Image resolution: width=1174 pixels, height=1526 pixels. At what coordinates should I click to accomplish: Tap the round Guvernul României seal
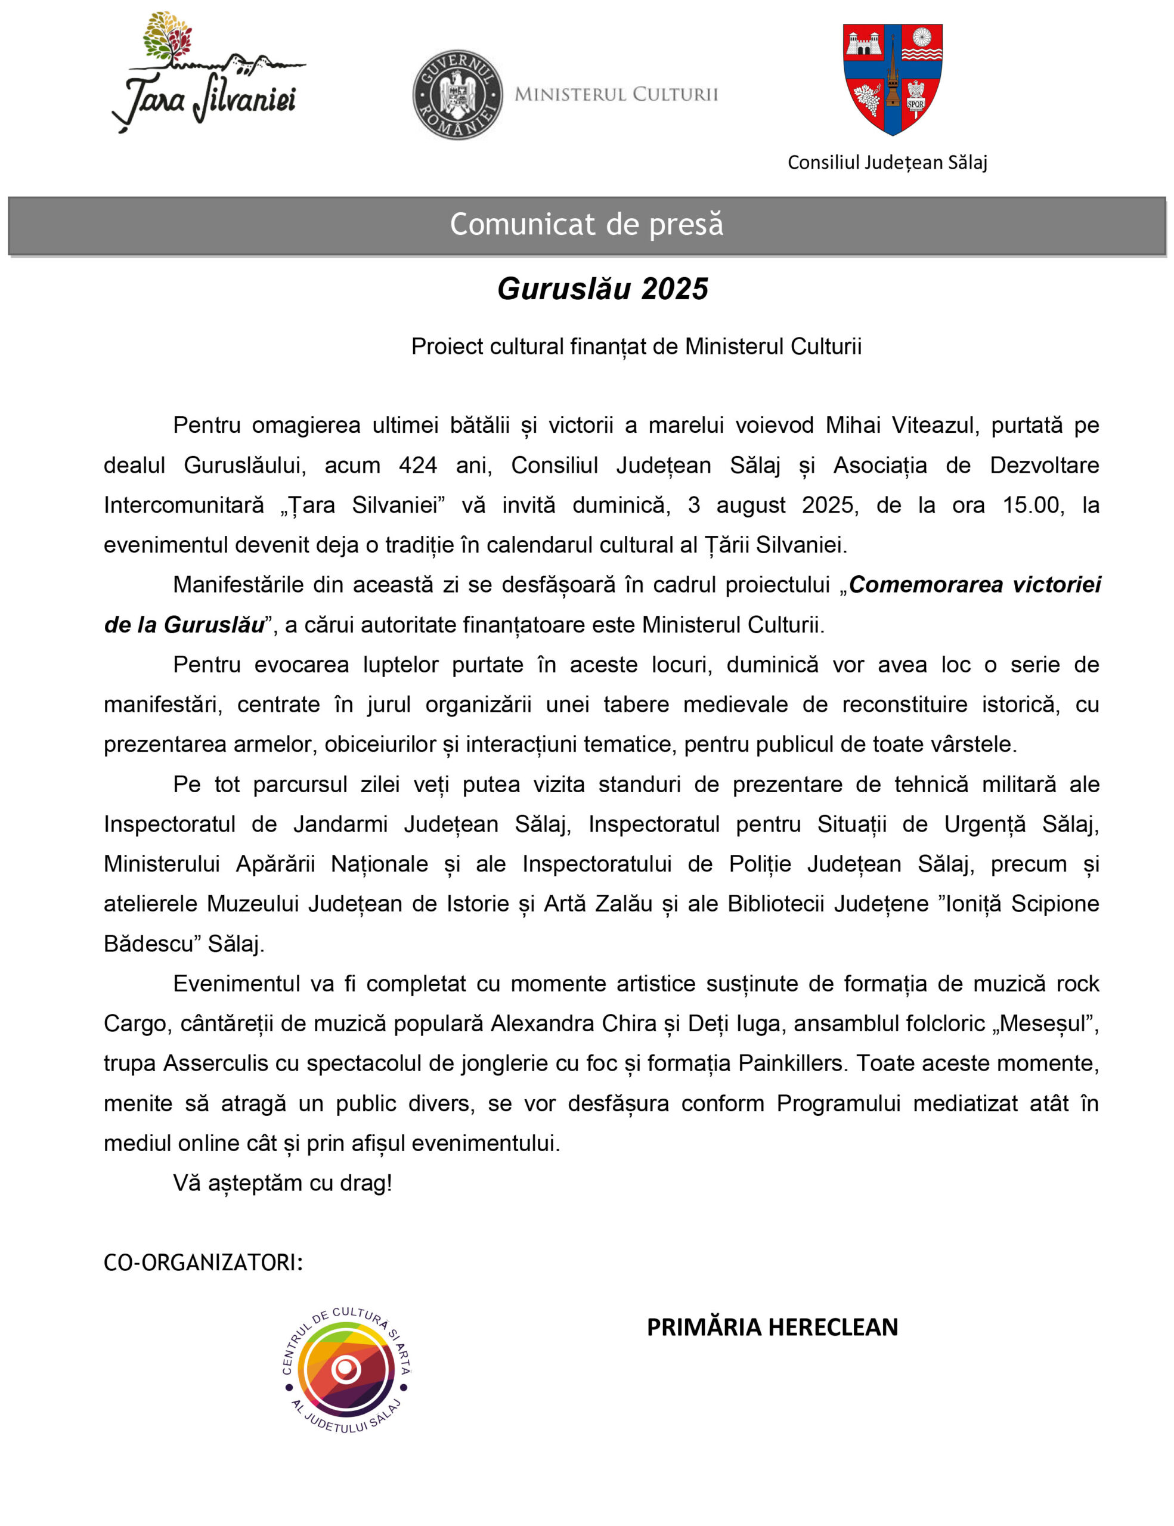458,94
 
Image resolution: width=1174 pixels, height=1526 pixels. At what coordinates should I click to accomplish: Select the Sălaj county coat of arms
893,79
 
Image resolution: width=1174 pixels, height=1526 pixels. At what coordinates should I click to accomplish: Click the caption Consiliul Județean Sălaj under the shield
887,163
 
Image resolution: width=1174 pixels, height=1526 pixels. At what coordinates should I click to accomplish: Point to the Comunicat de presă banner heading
586,224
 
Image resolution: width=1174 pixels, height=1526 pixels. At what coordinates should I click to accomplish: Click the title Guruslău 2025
602,289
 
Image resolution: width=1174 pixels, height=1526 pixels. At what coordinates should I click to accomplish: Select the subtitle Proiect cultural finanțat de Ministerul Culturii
636,346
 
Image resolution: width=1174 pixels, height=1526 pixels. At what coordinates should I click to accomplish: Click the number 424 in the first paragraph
418,466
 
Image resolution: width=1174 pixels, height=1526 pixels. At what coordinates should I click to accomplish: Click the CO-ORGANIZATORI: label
203,1263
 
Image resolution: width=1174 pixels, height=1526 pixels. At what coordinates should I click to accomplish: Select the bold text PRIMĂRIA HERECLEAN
772,1328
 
